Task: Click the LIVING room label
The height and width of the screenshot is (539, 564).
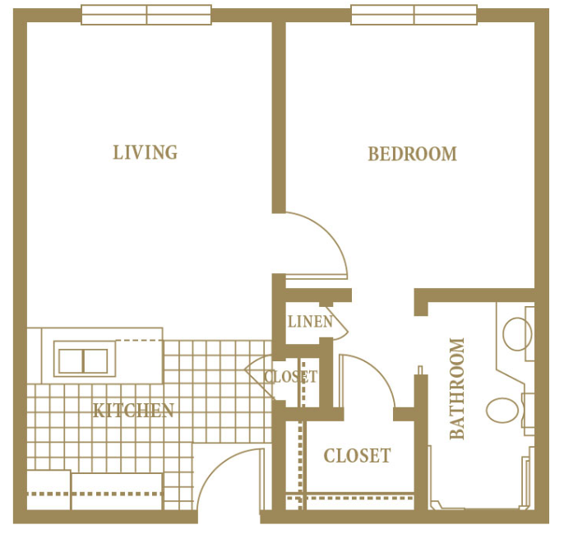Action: tap(146, 152)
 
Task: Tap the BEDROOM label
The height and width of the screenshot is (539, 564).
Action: tap(412, 154)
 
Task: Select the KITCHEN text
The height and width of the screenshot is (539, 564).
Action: tap(133, 411)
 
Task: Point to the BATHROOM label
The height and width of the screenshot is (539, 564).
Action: tap(457, 389)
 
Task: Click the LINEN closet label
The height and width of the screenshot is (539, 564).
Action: tap(311, 322)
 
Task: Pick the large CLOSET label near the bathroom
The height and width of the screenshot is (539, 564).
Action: tap(357, 456)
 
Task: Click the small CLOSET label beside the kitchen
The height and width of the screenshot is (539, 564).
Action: tap(291, 377)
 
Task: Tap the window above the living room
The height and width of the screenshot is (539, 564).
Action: tap(146, 15)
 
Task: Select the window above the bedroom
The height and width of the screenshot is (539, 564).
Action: tap(414, 15)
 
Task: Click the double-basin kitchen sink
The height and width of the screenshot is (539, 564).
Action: tap(84, 360)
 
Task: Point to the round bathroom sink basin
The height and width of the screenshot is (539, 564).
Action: tap(517, 334)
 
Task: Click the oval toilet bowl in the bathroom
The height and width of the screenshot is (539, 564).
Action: tap(502, 410)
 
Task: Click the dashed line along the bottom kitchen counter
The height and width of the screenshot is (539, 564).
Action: tap(95, 494)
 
